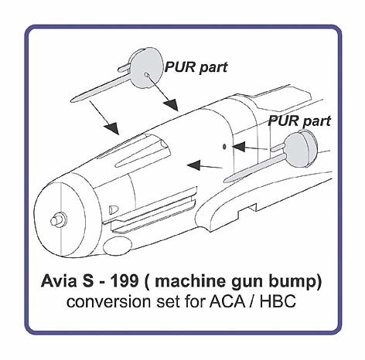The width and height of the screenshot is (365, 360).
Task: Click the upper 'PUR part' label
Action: click(196, 67)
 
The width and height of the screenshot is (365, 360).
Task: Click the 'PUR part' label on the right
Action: click(299, 121)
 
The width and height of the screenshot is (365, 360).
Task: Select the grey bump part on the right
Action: click(301, 149)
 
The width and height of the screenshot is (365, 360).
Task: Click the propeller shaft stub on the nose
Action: click(59, 219)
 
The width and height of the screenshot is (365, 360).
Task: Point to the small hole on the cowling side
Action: click(224, 147)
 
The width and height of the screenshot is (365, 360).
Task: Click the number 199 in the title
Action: click(125, 281)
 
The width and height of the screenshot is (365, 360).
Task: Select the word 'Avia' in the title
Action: click(59, 281)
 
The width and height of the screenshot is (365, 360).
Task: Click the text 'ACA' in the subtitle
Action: click(227, 301)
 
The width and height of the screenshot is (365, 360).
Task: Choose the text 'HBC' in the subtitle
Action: click(278, 301)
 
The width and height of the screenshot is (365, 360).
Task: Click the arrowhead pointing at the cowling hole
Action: click(238, 147)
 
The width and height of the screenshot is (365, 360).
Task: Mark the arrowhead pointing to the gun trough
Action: click(112, 127)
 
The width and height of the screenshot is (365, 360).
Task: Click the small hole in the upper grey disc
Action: click(146, 75)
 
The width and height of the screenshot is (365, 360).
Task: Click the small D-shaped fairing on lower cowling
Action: click(114, 209)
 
